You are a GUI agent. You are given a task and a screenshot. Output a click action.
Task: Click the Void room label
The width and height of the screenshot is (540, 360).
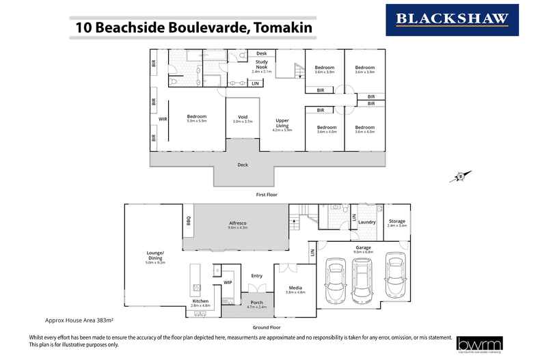[x=242, y=117]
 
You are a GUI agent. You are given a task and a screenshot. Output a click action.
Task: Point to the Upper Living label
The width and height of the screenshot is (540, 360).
[x=282, y=123]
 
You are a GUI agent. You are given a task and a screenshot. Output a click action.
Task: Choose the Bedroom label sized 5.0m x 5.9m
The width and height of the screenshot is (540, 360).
[x=196, y=117]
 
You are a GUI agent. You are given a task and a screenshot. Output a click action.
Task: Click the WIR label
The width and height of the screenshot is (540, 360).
[x=163, y=119]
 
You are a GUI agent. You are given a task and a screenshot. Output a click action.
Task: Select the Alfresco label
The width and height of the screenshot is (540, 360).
[x=237, y=223]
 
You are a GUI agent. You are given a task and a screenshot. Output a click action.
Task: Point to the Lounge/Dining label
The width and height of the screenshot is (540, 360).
[x=155, y=255]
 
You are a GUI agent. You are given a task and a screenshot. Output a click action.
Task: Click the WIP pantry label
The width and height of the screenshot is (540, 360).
[x=228, y=281]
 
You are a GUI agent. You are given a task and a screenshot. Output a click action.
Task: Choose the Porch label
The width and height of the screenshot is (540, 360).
[x=256, y=302]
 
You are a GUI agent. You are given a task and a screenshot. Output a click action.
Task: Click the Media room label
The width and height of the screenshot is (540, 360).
[x=295, y=288]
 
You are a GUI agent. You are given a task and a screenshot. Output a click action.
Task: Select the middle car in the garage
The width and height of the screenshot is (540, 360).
[x=362, y=277]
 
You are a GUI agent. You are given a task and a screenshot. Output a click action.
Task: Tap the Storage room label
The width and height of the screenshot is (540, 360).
[x=396, y=221]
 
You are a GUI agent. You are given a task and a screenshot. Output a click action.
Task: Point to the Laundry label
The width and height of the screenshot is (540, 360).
[x=366, y=222]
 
